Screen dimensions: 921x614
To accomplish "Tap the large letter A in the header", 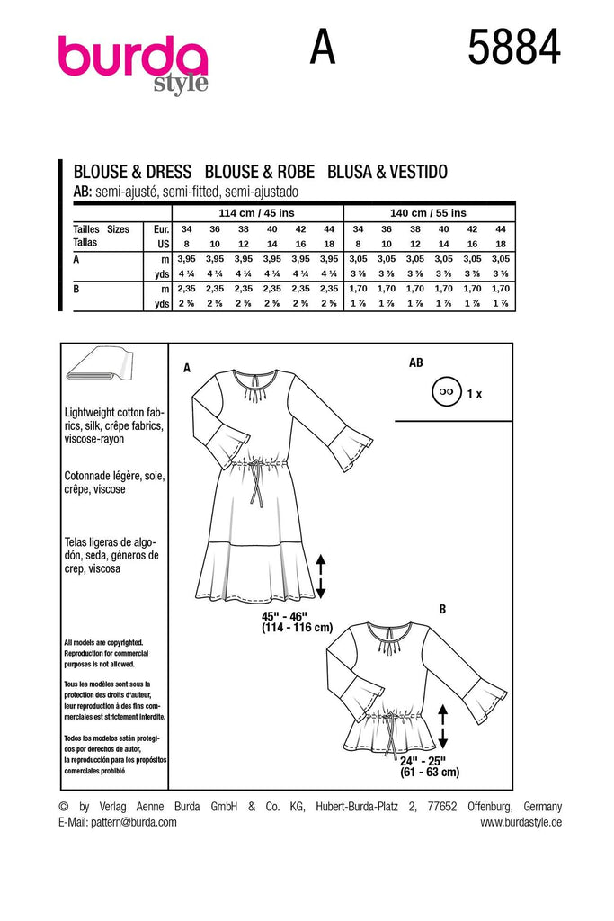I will (x=323, y=49).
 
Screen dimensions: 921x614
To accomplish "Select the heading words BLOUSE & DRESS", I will (x=132, y=173).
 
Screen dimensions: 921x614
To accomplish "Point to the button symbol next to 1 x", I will (x=443, y=393).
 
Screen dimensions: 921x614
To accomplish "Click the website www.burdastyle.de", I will (x=521, y=822).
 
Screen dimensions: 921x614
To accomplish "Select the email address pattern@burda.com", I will (x=134, y=822).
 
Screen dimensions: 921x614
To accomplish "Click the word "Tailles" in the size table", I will (x=86, y=229).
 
